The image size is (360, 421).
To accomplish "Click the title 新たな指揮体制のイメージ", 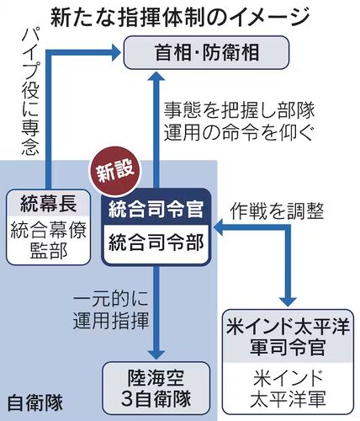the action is click(x=180, y=18).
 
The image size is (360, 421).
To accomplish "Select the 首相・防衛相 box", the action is click(x=206, y=52).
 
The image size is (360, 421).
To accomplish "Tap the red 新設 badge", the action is click(x=115, y=171).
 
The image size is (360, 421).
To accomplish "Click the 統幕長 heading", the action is click(x=49, y=204).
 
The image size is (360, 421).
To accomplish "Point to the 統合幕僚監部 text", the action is click(x=49, y=240).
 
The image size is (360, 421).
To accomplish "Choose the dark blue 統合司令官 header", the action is click(x=156, y=207).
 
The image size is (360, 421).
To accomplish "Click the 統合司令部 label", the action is click(x=156, y=242).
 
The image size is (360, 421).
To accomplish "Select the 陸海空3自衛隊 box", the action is click(x=156, y=389).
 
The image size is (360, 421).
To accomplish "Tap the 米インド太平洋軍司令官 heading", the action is click(x=288, y=337).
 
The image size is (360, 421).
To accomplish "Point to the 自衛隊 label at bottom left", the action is click(x=35, y=403).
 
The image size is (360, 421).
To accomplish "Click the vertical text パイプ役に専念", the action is click(x=30, y=92).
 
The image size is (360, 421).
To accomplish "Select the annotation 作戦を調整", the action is click(x=278, y=210).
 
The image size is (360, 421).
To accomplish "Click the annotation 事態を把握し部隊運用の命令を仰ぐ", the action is click(x=239, y=121).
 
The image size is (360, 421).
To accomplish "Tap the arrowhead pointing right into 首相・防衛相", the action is click(x=116, y=52).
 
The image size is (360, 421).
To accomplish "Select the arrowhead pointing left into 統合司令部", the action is click(x=218, y=227).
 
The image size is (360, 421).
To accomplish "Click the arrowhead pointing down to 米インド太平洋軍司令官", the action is click(x=288, y=302).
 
